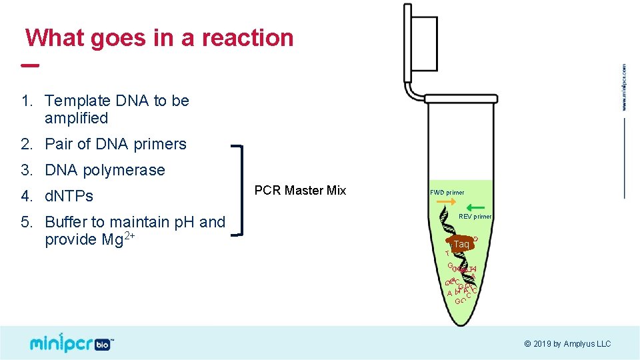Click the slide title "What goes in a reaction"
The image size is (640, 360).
click(159, 38)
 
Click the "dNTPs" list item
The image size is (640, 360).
click(69, 196)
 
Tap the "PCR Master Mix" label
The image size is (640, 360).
click(300, 191)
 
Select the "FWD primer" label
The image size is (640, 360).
click(447, 193)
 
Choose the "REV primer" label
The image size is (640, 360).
click(475, 216)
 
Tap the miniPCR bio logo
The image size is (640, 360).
click(70, 343)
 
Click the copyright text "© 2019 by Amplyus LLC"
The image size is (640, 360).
click(567, 344)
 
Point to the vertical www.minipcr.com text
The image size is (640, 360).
click(625, 87)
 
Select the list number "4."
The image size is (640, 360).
click(27, 196)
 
